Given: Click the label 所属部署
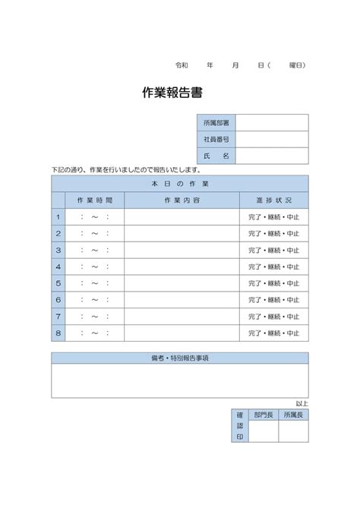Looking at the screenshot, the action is (x=216, y=123).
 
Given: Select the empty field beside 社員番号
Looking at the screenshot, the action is (x=272, y=140).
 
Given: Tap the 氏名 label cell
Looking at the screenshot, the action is (x=216, y=156).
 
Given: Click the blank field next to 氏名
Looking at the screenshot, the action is (x=272, y=156).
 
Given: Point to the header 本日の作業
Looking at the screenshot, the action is (x=180, y=184).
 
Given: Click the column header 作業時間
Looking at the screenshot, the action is (x=95, y=200).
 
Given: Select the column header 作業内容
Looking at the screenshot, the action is (x=182, y=200).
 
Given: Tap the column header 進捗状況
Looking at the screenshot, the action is (x=274, y=200).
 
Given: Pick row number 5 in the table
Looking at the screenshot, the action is (x=58, y=283).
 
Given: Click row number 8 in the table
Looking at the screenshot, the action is (x=58, y=333).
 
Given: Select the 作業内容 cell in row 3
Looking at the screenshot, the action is (x=182, y=250).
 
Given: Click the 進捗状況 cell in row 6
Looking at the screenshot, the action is (x=274, y=300).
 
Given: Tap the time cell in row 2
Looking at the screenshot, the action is (x=95, y=233).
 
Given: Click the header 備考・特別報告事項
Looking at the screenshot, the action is (x=180, y=358).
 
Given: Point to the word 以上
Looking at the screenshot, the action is (x=302, y=403).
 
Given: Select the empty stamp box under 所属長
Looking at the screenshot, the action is (x=293, y=431).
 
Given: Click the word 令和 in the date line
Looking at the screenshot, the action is (x=182, y=65).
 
